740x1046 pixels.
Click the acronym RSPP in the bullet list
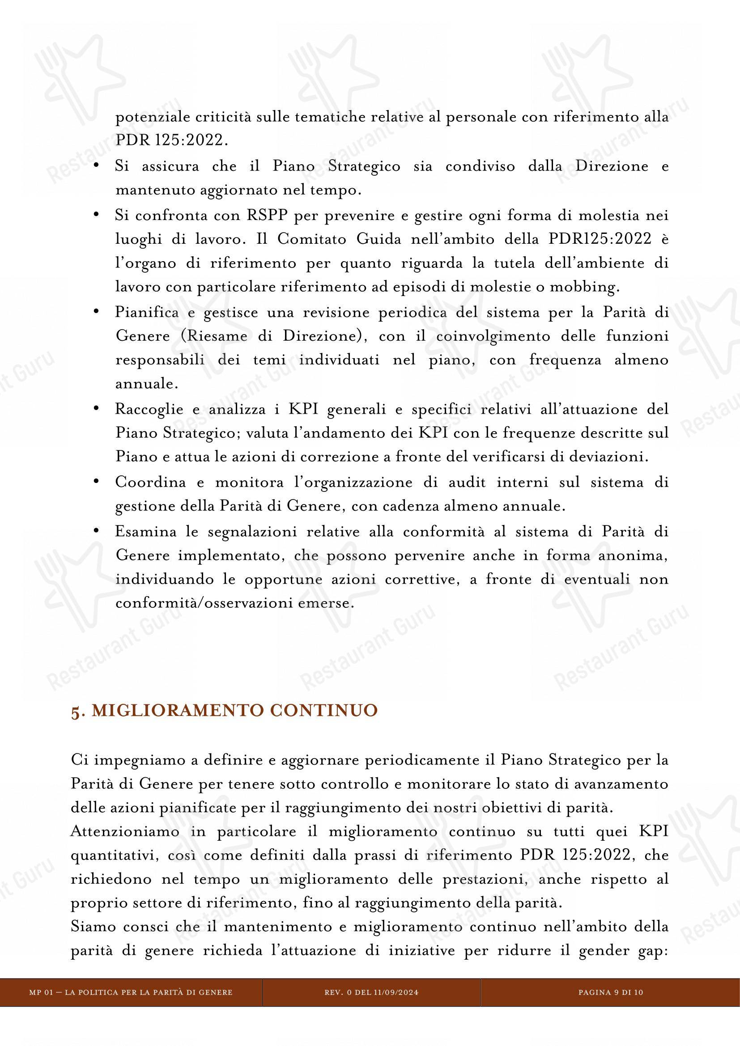coord(267,215)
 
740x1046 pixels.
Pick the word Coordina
coord(150,482)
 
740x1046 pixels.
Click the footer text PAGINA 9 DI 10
coord(611,989)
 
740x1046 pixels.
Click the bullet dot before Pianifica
coord(96,311)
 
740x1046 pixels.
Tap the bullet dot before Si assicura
coord(96,165)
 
